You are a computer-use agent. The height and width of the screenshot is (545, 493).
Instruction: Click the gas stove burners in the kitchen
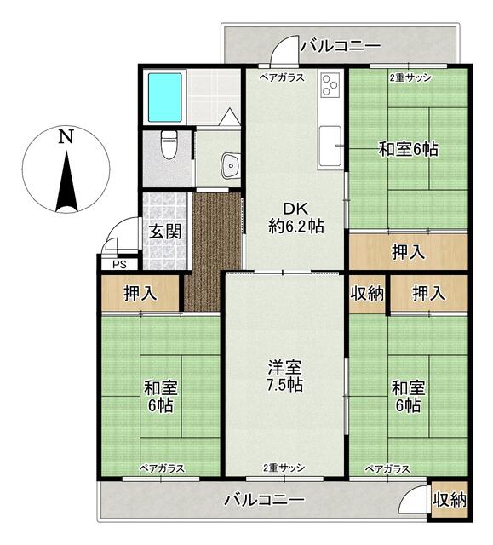pos(330,86)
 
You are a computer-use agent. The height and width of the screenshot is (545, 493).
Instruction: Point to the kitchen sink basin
pos(330,141)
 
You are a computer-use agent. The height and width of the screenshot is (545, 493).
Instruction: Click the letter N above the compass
pos(66,136)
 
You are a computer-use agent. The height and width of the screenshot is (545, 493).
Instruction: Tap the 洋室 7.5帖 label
pos(285,376)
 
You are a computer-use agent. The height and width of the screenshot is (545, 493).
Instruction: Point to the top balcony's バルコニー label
pos(340,45)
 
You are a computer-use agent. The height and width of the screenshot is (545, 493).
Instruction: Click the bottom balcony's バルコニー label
pos(264,500)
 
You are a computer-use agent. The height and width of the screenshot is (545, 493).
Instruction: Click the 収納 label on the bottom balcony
pos(449,501)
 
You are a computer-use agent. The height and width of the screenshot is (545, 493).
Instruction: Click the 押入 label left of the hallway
pos(140,295)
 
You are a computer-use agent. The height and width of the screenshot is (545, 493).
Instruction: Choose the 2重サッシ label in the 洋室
pos(284,468)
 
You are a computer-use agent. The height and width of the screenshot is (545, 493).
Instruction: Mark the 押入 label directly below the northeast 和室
pos(409,252)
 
